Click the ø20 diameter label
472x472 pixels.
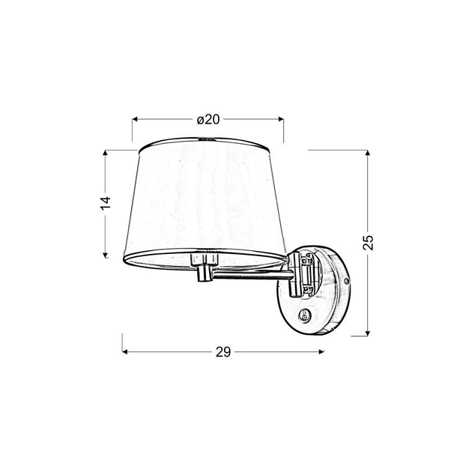(208, 120)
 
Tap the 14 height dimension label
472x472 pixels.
(106, 203)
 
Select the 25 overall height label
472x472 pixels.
(368, 242)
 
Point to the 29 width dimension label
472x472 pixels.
(223, 351)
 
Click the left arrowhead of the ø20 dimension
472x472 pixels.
(135, 120)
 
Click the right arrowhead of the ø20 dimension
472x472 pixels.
(281, 119)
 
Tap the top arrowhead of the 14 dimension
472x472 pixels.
(105, 153)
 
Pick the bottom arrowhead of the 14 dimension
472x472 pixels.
(105, 255)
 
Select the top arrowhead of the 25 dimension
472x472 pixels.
(367, 153)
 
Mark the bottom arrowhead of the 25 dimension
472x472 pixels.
(367, 333)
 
